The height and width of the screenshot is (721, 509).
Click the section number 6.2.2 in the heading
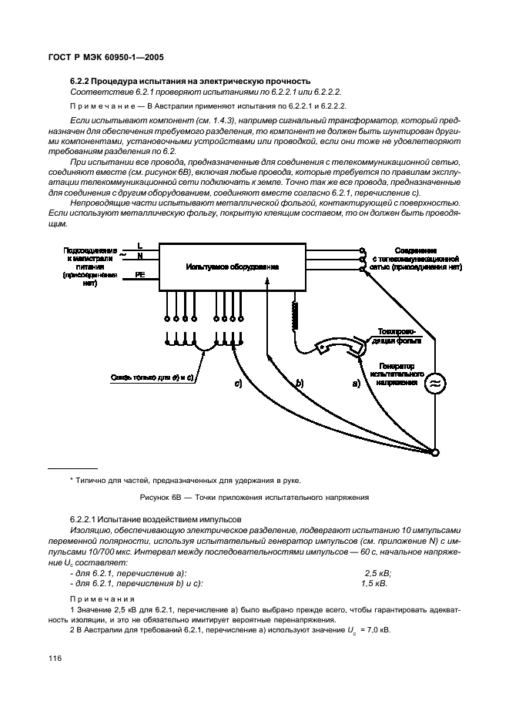point(82,81)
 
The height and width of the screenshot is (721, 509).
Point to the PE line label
point(139,273)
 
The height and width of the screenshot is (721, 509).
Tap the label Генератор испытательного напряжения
point(397,374)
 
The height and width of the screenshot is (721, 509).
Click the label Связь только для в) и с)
point(150,377)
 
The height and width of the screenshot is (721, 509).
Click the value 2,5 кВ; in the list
point(377,572)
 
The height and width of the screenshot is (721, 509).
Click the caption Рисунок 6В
point(163,497)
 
